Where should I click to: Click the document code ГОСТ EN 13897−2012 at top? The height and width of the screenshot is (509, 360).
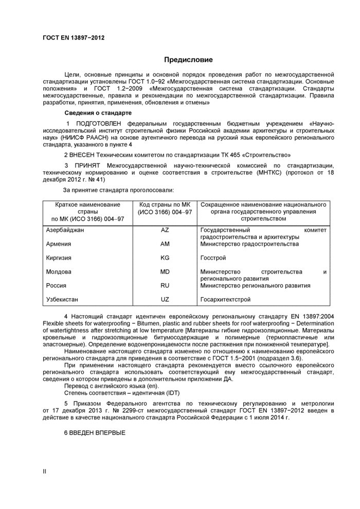[74, 38]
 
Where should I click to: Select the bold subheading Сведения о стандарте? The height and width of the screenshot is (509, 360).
[98, 113]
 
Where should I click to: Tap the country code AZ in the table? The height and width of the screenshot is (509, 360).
[165, 230]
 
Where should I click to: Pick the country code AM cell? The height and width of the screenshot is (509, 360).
[165, 244]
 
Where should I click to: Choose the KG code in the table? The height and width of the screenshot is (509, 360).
[165, 258]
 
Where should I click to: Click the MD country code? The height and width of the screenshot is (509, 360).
[165, 271]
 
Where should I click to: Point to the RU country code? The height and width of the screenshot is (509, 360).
[165, 285]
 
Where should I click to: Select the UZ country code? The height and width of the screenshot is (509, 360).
[165, 299]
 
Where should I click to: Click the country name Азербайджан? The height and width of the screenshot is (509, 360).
[65, 230]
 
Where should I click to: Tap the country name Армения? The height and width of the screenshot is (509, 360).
[59, 244]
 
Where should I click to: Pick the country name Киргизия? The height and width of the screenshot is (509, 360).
[59, 258]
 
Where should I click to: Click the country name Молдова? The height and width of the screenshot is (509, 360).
[59, 271]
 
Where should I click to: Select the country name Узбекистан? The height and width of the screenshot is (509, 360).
[62, 299]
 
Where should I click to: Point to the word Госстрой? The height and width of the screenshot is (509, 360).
[213, 258]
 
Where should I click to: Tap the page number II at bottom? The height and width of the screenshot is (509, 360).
[45, 471]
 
